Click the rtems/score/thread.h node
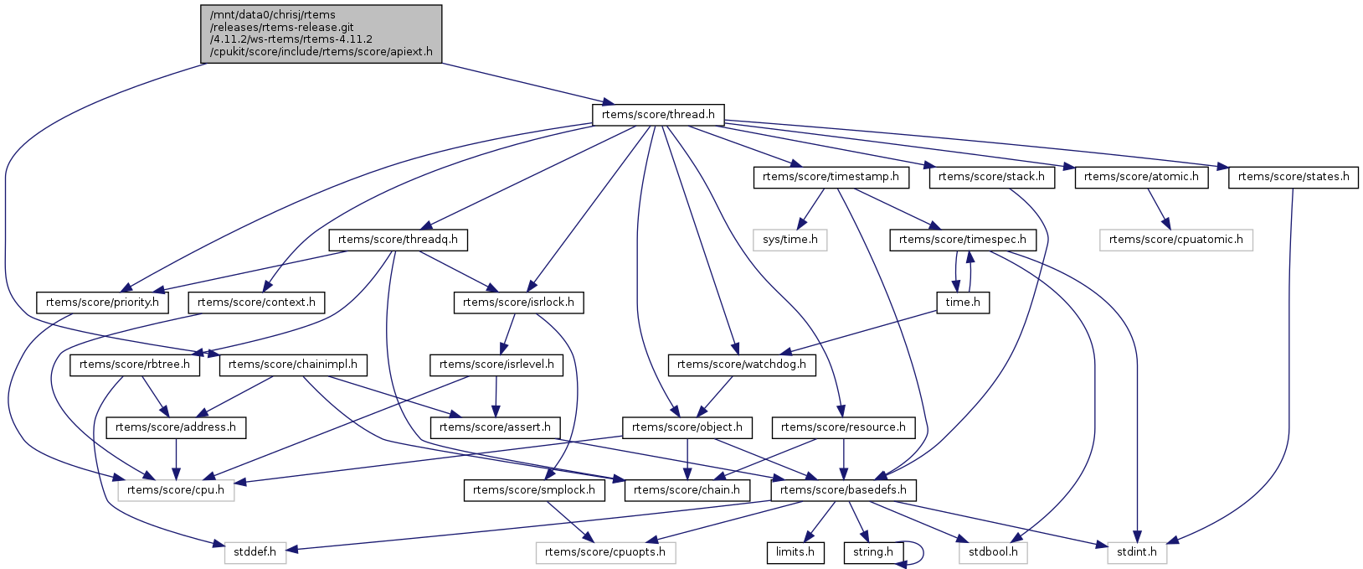658,115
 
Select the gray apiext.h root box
321,34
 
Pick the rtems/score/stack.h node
991,177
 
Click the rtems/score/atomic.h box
1141,177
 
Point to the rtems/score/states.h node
1293,177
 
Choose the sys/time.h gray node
790,240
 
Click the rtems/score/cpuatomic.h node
1175,240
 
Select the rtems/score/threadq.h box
398,240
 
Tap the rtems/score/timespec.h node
962,240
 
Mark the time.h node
963,302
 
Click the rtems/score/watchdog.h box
741,365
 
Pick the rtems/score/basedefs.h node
843,489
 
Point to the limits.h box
795,552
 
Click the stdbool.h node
993,552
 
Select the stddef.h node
255,552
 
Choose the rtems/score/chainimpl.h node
293,365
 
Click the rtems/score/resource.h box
843,427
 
